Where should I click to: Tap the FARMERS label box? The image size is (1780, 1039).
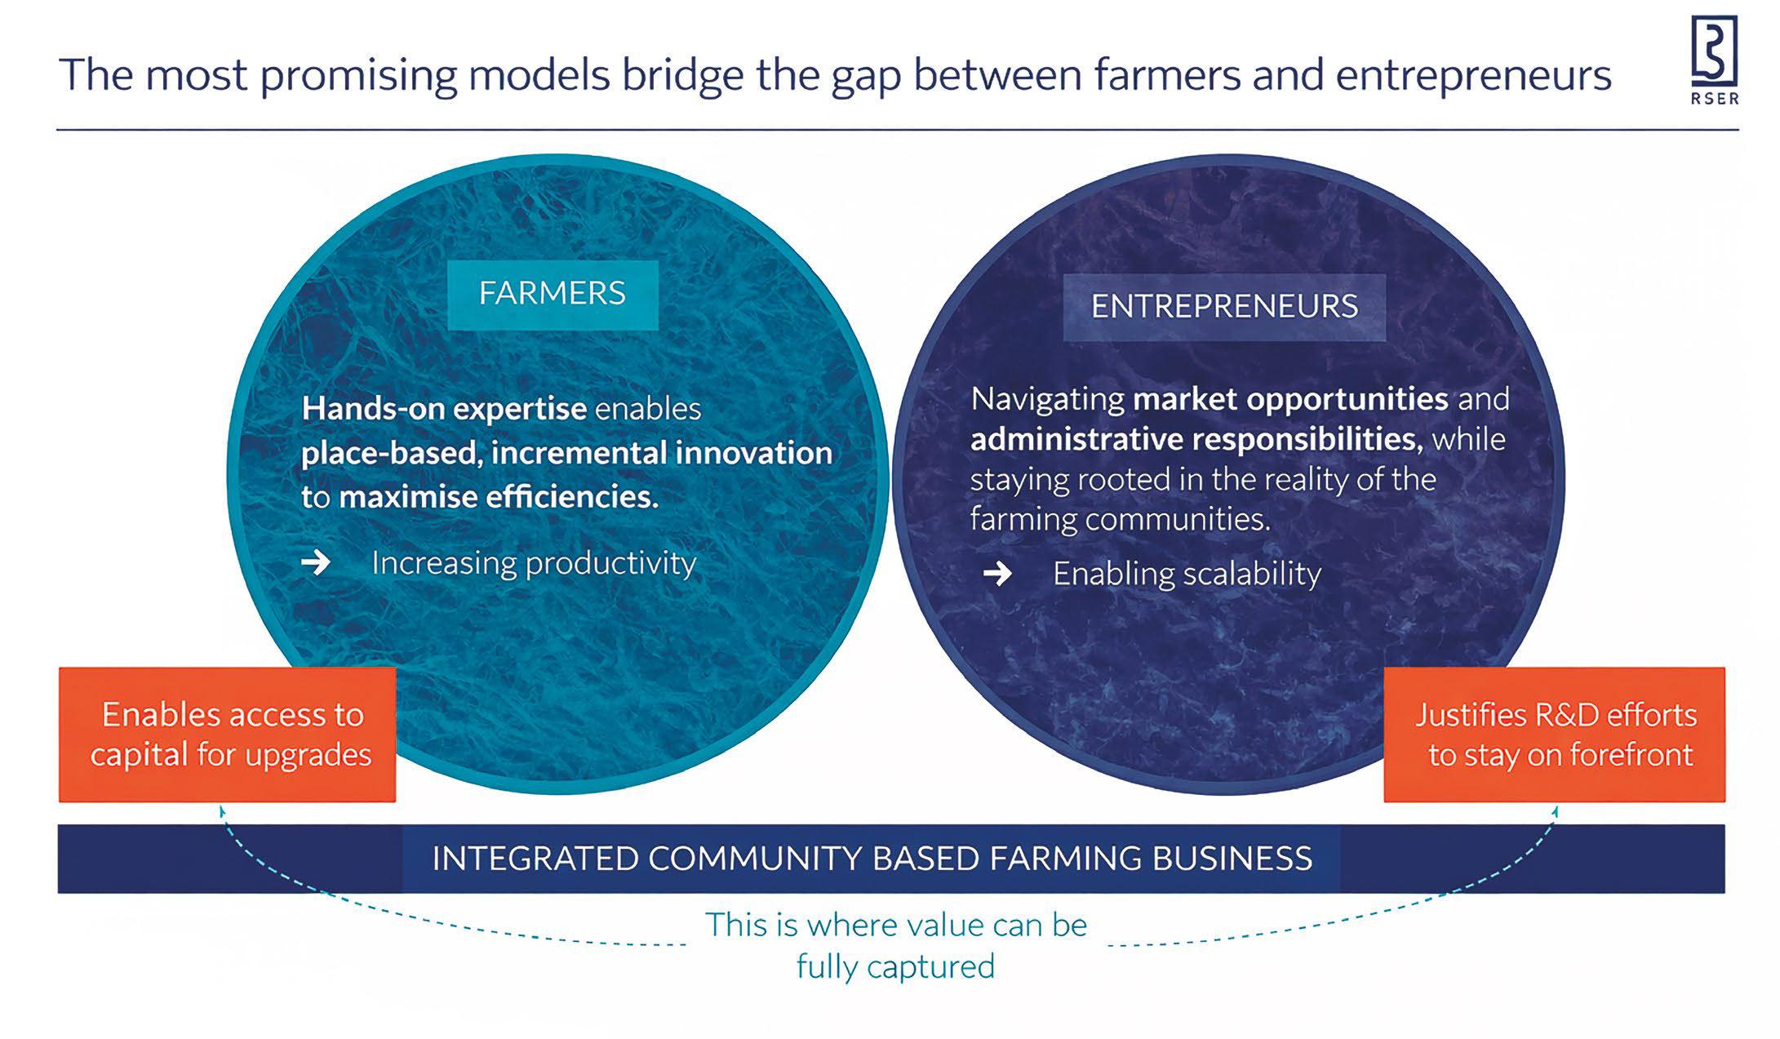click(x=553, y=294)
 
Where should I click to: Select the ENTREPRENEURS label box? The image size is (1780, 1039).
click(x=1224, y=307)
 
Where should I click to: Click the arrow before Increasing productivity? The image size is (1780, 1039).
click(x=316, y=562)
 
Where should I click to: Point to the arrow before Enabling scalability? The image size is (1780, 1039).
click(x=997, y=574)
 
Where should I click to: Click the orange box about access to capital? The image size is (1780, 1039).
click(x=228, y=735)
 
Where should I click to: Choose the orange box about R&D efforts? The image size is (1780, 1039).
click(x=1555, y=735)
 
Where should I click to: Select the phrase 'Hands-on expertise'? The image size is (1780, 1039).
click(x=444, y=408)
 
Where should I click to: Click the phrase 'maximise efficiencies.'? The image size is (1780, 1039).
click(x=499, y=496)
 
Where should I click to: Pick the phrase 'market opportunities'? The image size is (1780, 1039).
click(x=1290, y=399)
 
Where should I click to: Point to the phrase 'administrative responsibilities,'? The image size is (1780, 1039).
click(x=1196, y=439)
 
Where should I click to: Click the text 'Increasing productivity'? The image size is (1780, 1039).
click(x=534, y=563)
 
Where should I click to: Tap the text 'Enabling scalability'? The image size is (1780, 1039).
click(x=1187, y=574)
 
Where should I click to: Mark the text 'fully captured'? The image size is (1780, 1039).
click(x=895, y=967)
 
